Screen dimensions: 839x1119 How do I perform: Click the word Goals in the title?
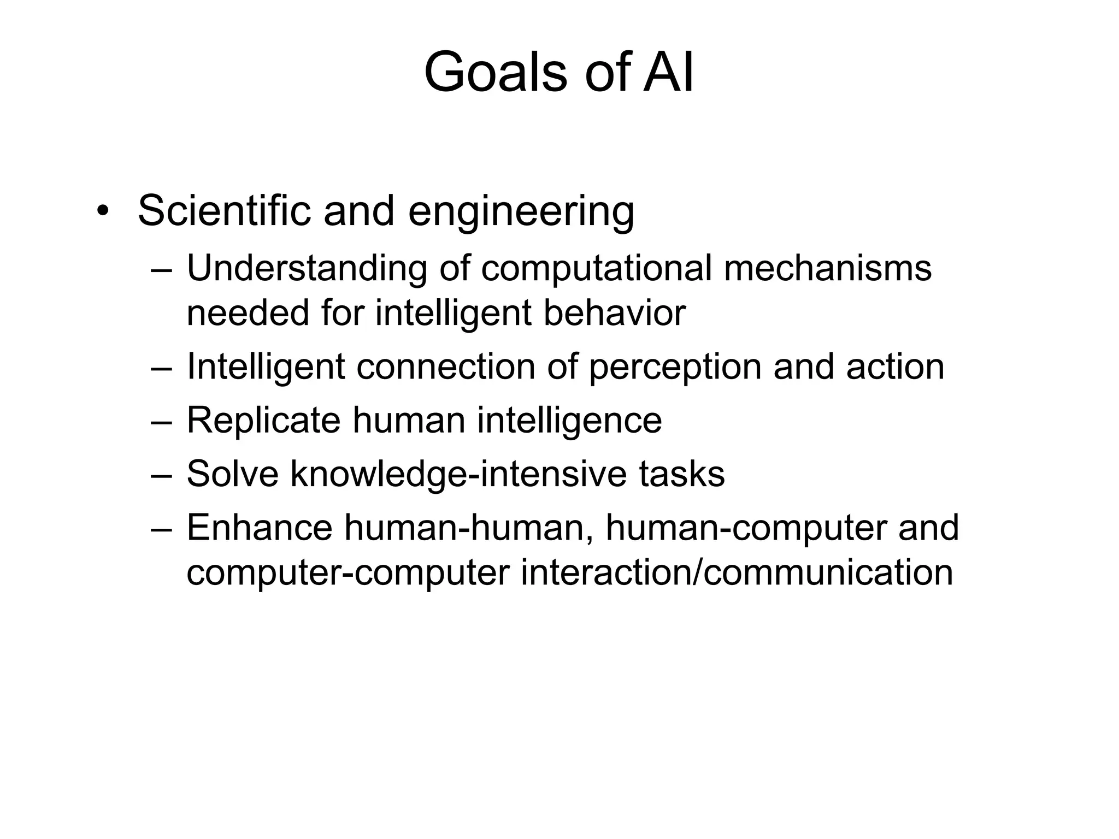(495, 73)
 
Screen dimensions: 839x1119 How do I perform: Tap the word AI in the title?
(668, 73)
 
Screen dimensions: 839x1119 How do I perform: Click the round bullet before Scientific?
(102, 212)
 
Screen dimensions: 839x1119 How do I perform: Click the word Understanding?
(307, 270)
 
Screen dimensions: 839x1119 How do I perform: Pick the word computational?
(596, 270)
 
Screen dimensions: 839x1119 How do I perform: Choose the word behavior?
(614, 313)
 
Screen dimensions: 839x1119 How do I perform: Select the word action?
(895, 367)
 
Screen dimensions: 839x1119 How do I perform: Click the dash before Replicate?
(162, 422)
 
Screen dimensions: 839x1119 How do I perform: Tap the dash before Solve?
(162, 475)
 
